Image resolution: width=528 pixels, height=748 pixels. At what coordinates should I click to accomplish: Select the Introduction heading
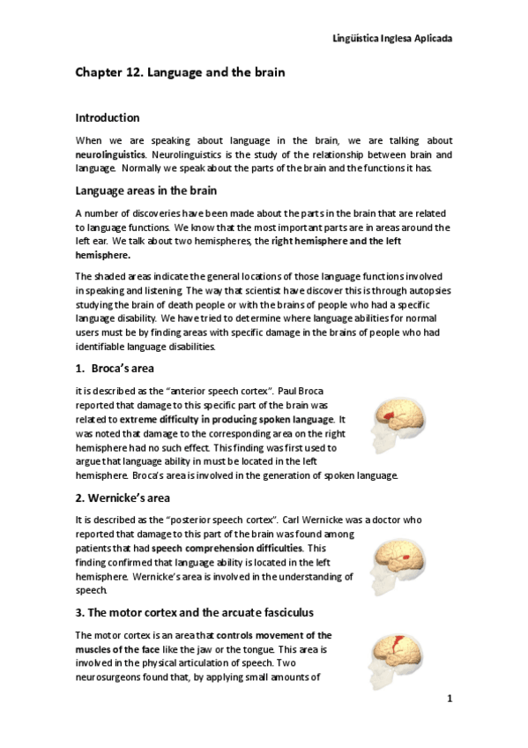(x=108, y=117)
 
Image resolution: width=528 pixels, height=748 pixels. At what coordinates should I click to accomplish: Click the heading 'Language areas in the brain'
(x=146, y=191)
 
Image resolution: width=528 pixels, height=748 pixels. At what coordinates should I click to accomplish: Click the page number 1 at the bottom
(x=449, y=699)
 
